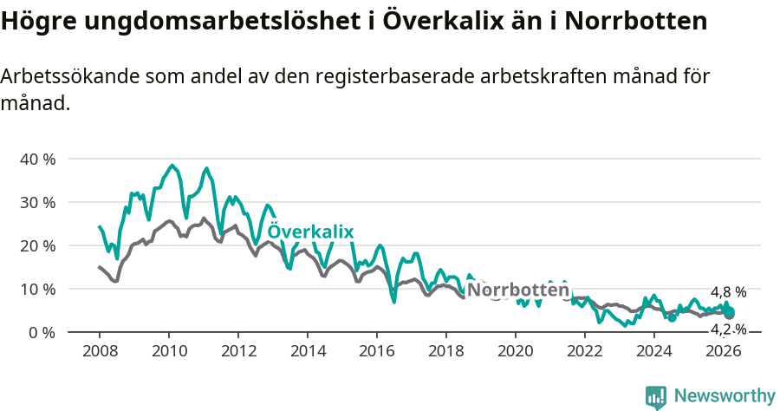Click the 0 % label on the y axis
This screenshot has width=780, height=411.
(x=41, y=333)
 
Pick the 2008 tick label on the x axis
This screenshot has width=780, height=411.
(x=100, y=351)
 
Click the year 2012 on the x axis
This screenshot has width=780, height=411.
(x=238, y=351)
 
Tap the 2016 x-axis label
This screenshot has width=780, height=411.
(x=377, y=351)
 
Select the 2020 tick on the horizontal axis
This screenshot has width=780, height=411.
(x=516, y=351)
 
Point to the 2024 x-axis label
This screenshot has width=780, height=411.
(x=654, y=351)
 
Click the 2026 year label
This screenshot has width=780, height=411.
(x=724, y=351)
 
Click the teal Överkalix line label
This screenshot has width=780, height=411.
(x=310, y=232)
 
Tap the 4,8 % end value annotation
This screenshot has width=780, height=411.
(x=728, y=293)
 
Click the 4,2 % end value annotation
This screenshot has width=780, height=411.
(x=728, y=329)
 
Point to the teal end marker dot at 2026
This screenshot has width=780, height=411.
(x=729, y=312)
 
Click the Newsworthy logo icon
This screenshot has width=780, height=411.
(x=656, y=397)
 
